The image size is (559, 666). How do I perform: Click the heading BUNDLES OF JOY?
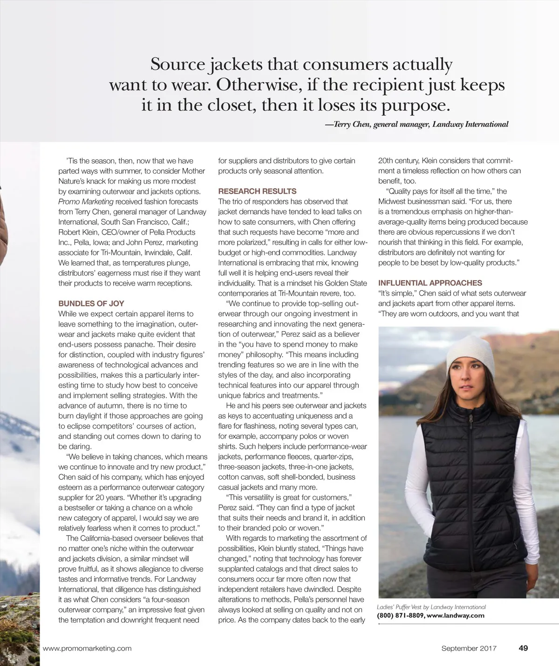pos(91,303)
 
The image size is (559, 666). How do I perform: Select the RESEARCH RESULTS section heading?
pos(257,191)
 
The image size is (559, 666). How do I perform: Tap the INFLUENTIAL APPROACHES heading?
pos(430,283)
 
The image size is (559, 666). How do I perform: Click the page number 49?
pos(523,648)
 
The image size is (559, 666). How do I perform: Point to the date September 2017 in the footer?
pos(469,648)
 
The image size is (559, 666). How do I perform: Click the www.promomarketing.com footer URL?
pos(87,648)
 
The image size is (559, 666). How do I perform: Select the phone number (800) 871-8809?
pos(400,615)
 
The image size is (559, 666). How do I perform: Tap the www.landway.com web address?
pos(456,615)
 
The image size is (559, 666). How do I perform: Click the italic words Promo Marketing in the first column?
pos(86,202)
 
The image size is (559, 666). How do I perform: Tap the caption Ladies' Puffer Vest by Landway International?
pos(431,607)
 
